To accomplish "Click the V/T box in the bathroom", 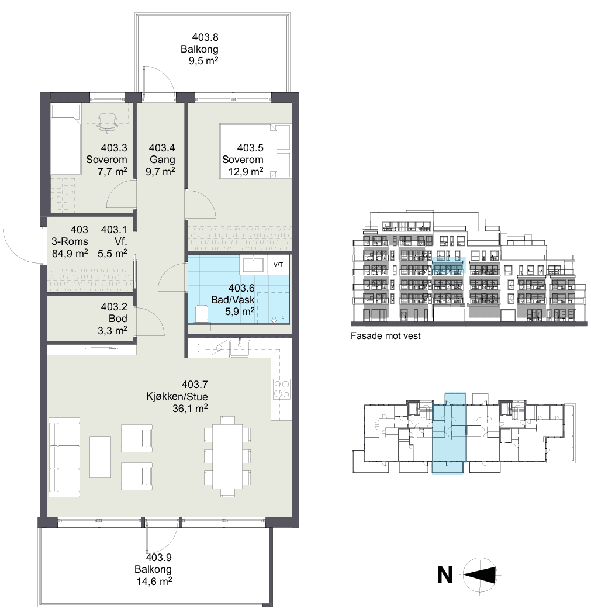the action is (x=278, y=265).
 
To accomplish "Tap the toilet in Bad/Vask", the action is (x=202, y=314).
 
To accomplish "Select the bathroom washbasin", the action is (x=254, y=264).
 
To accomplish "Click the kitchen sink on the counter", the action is (x=240, y=348).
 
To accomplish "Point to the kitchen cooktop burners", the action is (x=282, y=389).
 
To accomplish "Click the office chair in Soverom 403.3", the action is (x=107, y=122).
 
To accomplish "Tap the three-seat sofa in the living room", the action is (x=64, y=457).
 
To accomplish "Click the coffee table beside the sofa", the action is (x=100, y=456).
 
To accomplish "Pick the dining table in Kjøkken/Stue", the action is (x=227, y=456).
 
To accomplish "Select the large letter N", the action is (x=445, y=575).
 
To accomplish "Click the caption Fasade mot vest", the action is (x=385, y=336).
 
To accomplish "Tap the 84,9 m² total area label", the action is (x=70, y=254).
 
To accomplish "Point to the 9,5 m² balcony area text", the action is (x=203, y=61).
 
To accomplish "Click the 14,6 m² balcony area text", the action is (x=154, y=581).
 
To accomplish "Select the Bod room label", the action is (x=118, y=319).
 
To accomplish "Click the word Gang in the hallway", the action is (x=163, y=160).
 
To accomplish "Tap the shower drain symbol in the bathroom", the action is (x=274, y=320).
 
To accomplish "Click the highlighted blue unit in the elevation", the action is (x=449, y=265).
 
